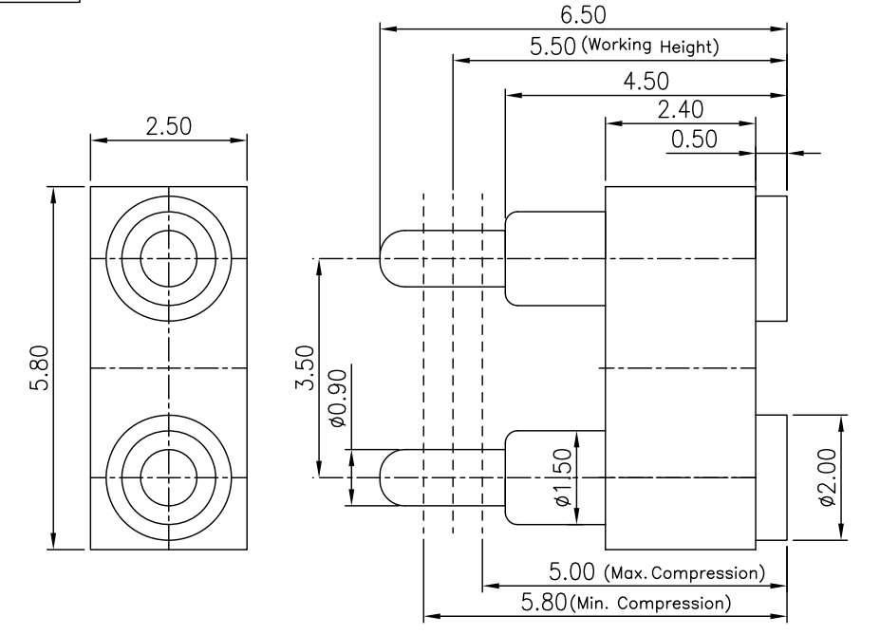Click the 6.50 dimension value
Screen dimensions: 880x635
point(583,15)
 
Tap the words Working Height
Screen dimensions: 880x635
point(650,46)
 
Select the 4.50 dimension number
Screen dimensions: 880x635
point(646,82)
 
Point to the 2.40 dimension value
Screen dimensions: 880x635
point(681,110)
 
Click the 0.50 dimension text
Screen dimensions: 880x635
point(694,140)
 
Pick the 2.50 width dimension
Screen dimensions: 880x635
point(168,126)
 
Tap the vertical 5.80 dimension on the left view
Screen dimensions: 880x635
point(40,367)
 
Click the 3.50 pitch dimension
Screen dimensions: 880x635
point(305,367)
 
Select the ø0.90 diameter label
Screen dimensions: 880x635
point(337,399)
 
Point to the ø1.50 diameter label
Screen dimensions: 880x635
point(562,477)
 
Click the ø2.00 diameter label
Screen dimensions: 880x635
point(828,477)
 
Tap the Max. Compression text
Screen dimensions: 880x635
point(684,573)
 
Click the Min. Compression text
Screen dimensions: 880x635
point(650,604)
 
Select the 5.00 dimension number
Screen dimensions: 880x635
point(571,572)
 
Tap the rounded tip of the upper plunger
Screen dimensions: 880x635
point(381,258)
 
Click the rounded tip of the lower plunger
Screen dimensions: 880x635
point(381,477)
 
